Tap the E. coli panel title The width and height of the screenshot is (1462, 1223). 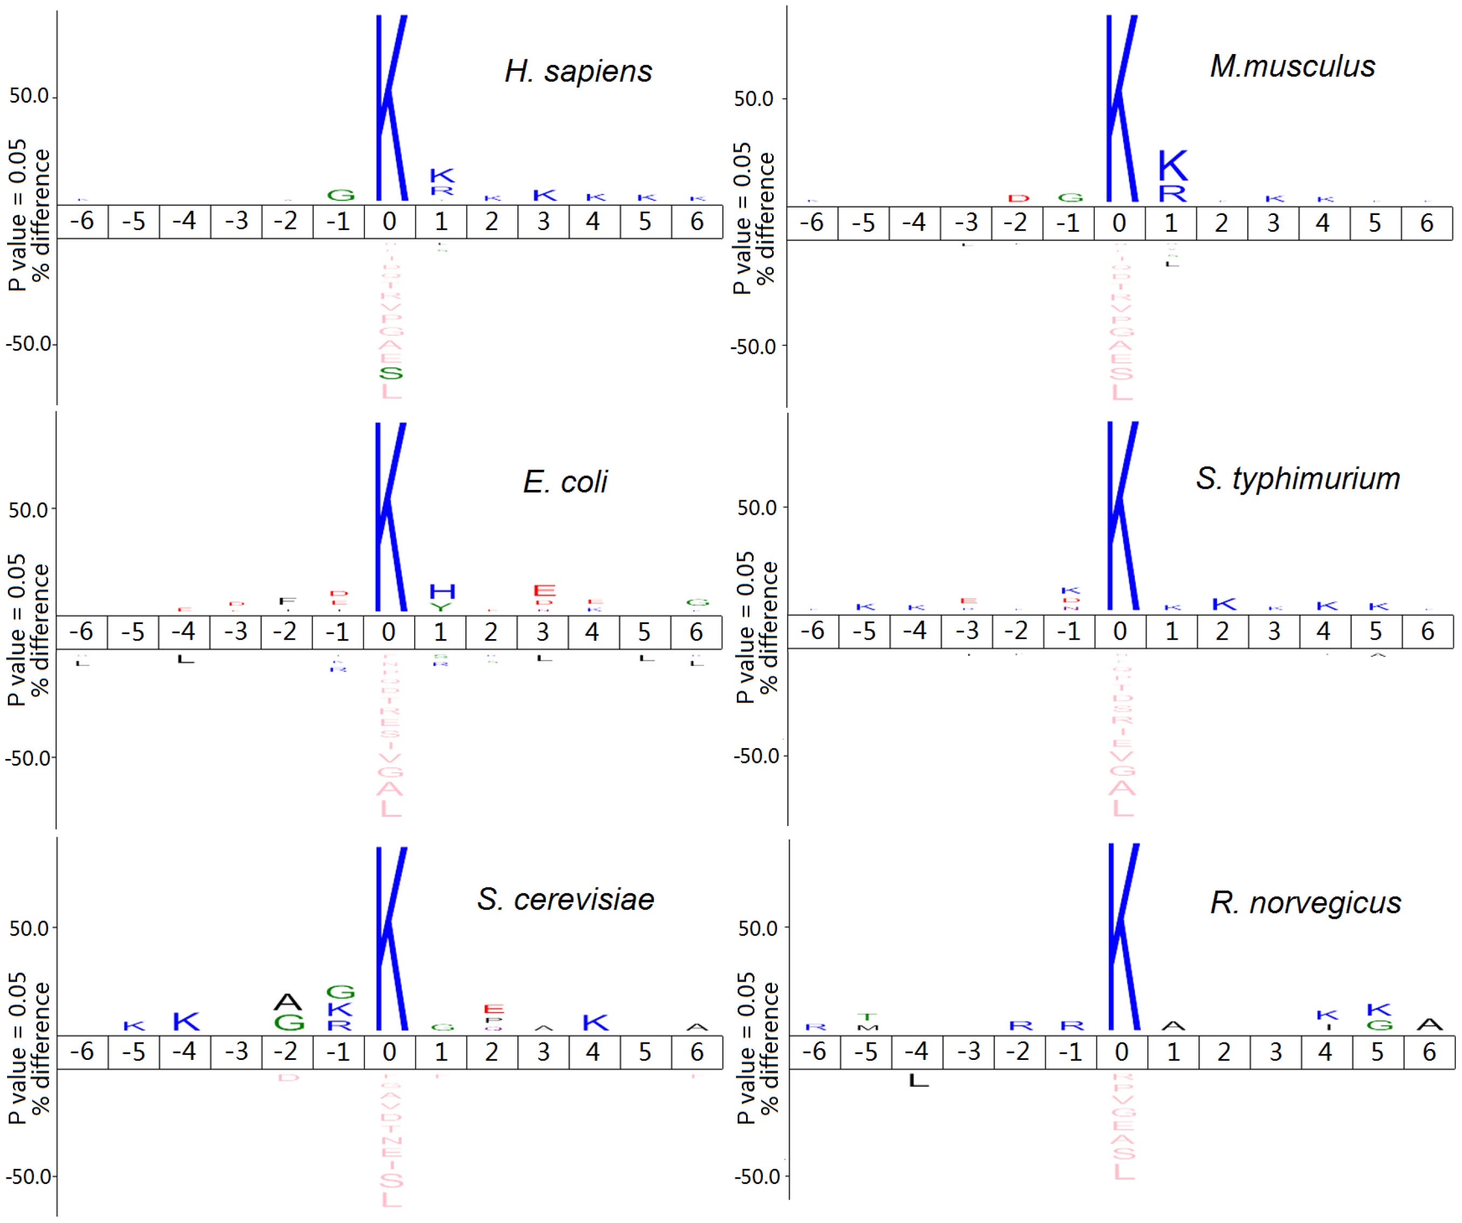pos(565,481)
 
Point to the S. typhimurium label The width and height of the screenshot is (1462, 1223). pos(1298,479)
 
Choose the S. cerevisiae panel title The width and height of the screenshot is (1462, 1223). pos(565,899)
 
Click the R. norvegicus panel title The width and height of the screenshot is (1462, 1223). pos(1305,903)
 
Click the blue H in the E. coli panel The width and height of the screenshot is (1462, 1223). pos(442,592)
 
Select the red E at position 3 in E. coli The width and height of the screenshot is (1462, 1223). pos(544,590)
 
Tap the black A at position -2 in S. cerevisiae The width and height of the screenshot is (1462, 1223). pos(288,1002)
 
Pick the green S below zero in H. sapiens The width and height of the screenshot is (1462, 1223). pos(390,373)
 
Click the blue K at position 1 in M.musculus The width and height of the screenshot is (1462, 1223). pos(1173,166)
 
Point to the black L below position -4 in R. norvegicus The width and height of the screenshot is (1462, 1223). pos(918,1080)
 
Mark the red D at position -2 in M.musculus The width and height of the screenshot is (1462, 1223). pos(1019,198)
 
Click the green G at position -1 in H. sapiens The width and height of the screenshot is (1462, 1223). pos(341,195)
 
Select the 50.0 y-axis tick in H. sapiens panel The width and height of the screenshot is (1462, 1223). pos(29,96)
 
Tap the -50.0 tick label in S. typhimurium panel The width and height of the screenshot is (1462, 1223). pos(757,755)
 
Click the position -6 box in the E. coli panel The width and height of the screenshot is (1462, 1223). pos(83,631)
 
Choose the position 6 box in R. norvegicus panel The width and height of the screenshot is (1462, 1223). pos(1429,1052)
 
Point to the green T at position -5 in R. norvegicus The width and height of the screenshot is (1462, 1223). pos(868,1016)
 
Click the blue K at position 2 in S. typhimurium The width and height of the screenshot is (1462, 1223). pos(1224,604)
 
